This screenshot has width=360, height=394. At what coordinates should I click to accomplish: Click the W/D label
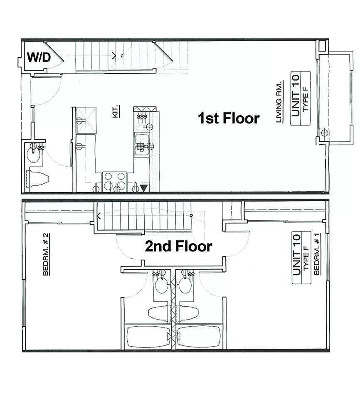coord(39,57)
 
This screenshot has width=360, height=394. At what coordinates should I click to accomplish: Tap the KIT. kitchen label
coord(116,111)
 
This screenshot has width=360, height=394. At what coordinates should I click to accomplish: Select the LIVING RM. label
coord(279,102)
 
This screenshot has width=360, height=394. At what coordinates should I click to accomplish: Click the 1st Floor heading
coord(229,118)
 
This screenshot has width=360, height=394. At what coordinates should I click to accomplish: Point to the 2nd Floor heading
coord(178,246)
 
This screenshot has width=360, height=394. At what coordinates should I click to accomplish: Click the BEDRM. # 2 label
coord(46,254)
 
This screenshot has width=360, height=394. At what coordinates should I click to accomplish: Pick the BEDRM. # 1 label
coord(317,254)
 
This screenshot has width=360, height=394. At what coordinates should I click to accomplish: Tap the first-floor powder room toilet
coord(38,179)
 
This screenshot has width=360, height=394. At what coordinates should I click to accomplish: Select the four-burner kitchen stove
coord(115,182)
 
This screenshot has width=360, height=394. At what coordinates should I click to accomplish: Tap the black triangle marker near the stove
coord(143,188)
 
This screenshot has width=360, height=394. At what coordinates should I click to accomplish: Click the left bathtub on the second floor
coord(148,337)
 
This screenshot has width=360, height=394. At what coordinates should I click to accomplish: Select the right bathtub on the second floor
coord(199,337)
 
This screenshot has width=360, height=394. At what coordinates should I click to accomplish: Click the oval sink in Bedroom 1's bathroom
coord(185,286)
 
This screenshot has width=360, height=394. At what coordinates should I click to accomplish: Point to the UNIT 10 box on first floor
coord(300,98)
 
